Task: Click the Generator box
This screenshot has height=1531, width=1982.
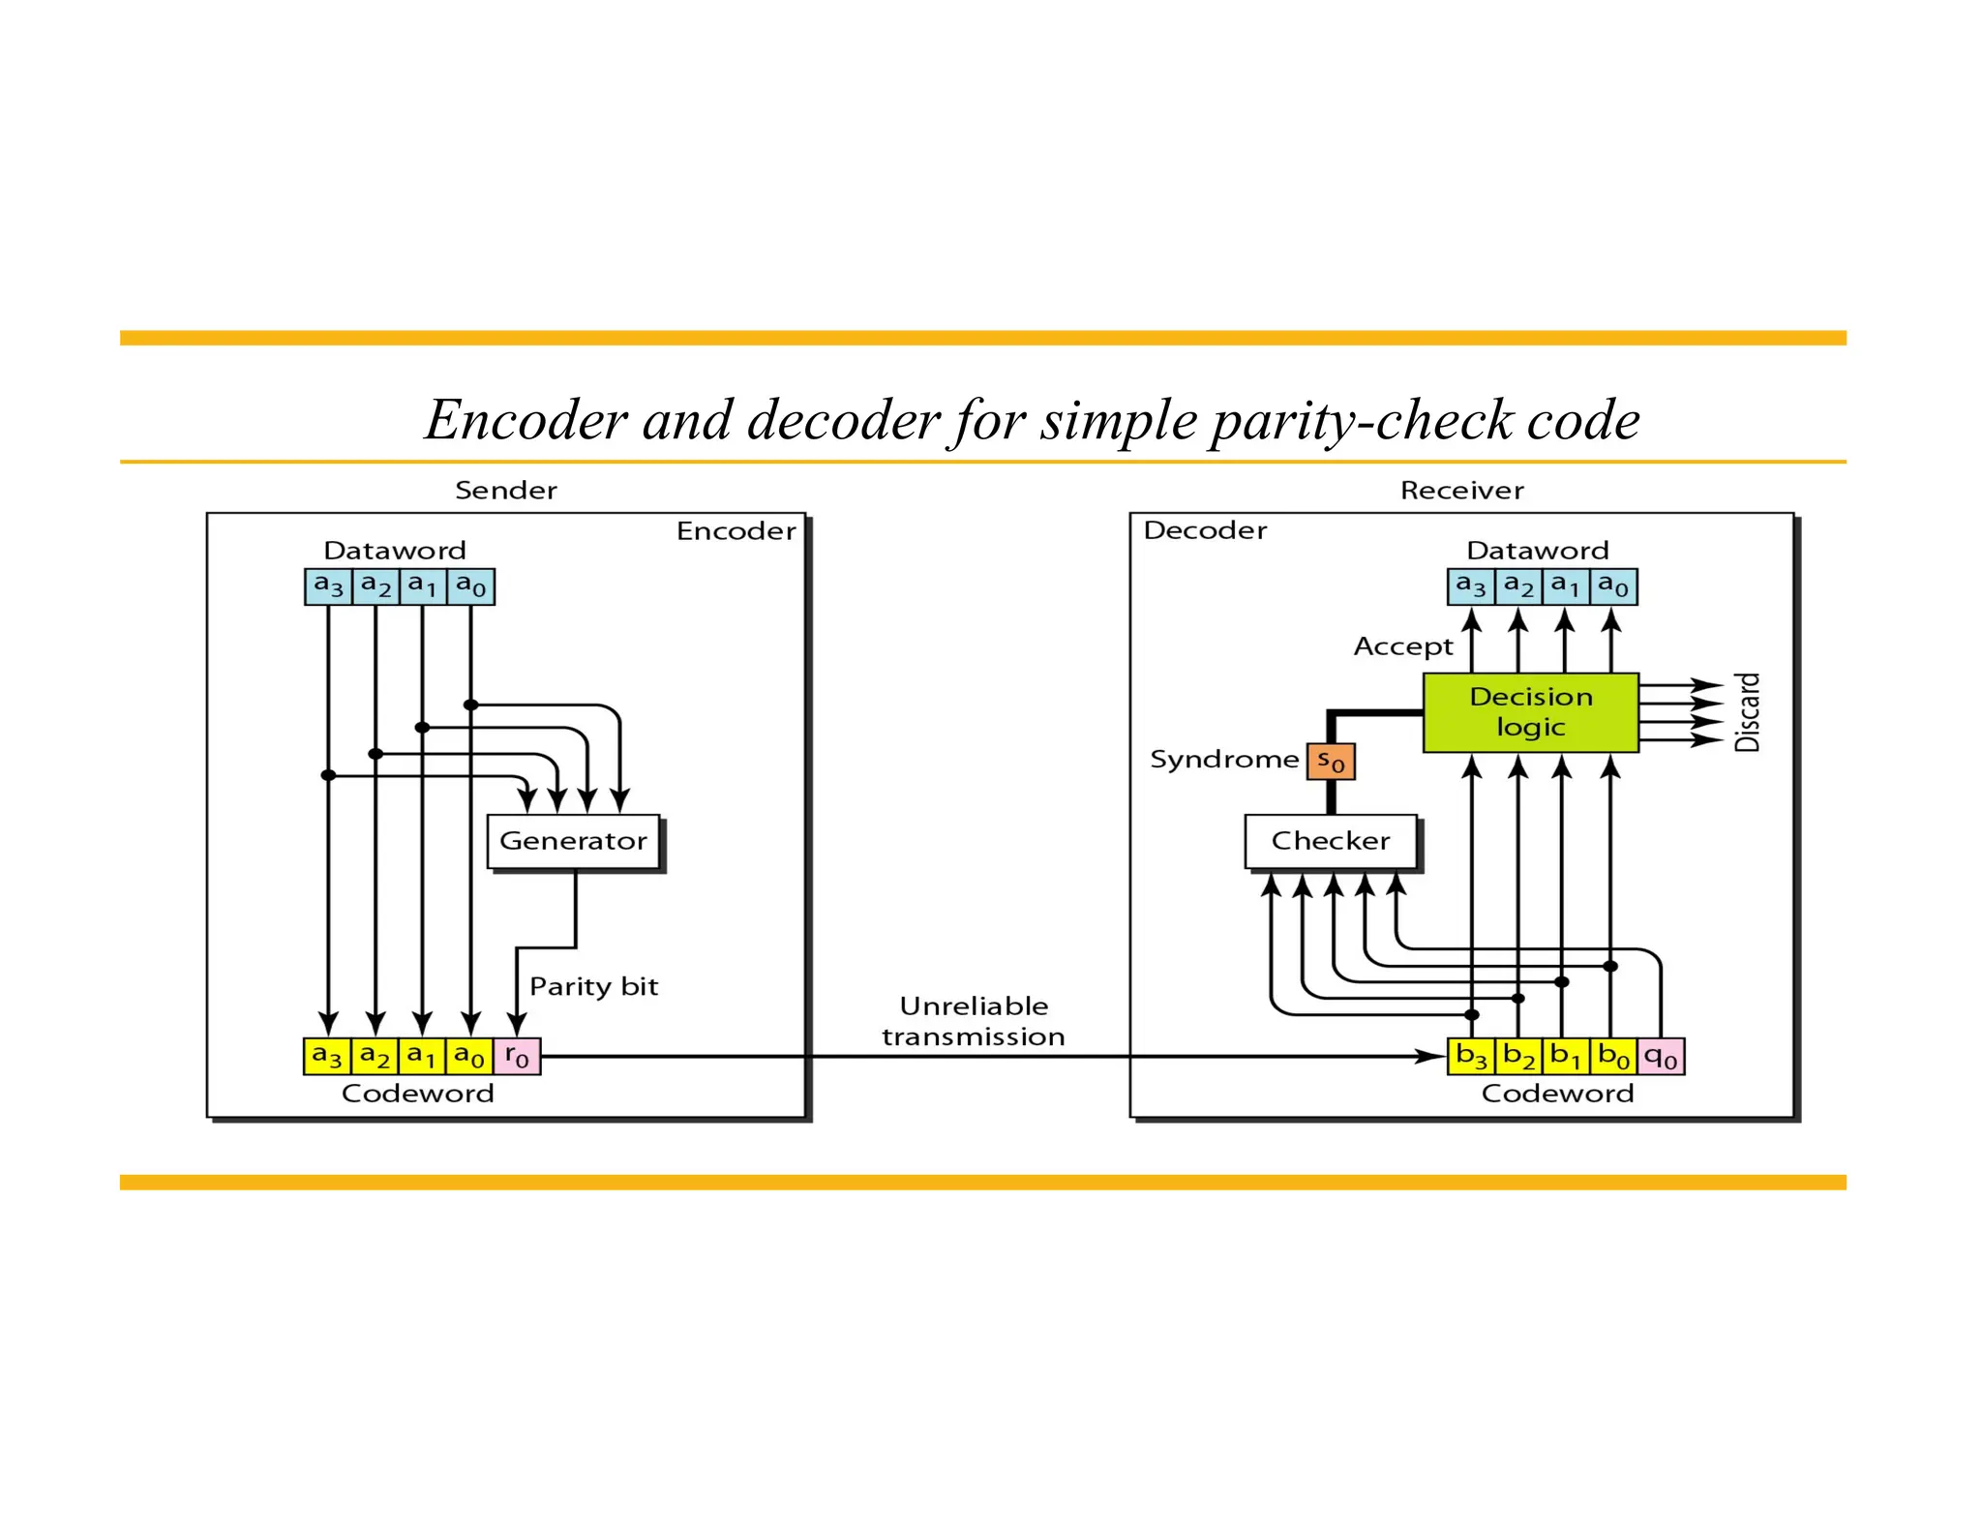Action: click(573, 841)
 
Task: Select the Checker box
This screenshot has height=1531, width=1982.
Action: click(1330, 841)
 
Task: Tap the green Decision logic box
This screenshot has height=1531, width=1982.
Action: click(1530, 712)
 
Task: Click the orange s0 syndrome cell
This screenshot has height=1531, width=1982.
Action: click(1331, 762)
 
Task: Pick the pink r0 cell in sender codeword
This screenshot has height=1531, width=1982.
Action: click(517, 1056)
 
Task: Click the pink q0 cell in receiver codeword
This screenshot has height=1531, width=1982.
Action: click(1661, 1056)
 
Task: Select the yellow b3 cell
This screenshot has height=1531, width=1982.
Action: click(1471, 1056)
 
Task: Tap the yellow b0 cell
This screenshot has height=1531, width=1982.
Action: click(1613, 1056)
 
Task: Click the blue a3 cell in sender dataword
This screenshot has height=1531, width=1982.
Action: click(328, 586)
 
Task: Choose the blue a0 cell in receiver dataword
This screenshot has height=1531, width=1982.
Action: click(1613, 586)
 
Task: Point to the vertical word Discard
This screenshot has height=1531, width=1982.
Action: click(1747, 712)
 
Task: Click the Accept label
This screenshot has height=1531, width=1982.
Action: click(1402, 646)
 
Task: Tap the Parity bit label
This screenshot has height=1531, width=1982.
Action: click(593, 986)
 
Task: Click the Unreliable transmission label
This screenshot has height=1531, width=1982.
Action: click(974, 1021)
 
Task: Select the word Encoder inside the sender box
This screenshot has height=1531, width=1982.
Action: click(736, 531)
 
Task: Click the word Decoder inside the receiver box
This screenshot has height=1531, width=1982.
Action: click(1205, 530)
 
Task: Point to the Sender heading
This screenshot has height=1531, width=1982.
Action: click(505, 490)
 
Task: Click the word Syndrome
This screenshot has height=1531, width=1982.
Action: click(1223, 760)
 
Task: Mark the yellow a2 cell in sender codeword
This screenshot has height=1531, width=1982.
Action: click(375, 1056)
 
